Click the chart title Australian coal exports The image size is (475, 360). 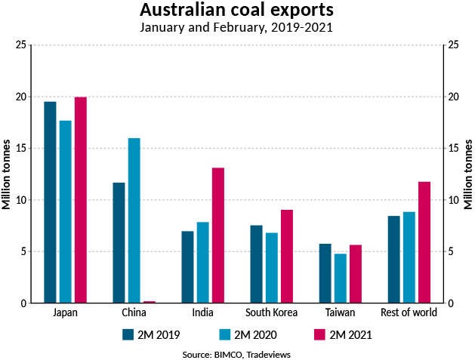tap(237, 11)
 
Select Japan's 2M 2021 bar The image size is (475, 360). tap(81, 200)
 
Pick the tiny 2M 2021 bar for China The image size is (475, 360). tap(150, 302)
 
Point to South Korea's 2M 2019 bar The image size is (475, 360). tap(257, 264)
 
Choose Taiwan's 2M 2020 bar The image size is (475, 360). tap(341, 278)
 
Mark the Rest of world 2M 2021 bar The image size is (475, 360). tap(424, 242)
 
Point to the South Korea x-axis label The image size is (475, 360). tap(272, 312)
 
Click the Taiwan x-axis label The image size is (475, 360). tap(341, 312)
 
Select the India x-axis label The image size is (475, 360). tap(203, 312)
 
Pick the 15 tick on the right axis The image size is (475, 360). tap(453, 149)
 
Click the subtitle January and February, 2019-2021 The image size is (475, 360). tap(237, 28)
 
